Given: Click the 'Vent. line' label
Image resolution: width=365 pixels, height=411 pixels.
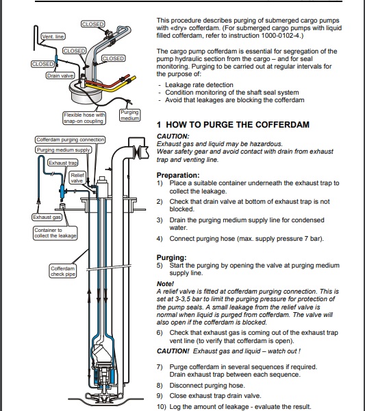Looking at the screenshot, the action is (53, 36).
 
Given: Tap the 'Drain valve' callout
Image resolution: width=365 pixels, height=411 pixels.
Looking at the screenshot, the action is (60, 75).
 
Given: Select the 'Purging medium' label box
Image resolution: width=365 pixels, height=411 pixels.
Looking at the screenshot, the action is (130, 115).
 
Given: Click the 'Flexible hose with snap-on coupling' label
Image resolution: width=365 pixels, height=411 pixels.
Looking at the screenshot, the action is (84, 118).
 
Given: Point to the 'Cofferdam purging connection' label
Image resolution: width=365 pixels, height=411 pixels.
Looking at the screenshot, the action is (70, 140).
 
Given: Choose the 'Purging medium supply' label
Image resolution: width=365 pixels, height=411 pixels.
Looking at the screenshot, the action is (63, 150).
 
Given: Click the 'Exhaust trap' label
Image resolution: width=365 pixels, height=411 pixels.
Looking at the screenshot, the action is (63, 163).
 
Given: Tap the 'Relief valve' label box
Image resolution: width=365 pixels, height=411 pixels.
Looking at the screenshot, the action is (77, 178).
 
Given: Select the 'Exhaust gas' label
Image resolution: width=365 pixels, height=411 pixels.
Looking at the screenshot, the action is (47, 217).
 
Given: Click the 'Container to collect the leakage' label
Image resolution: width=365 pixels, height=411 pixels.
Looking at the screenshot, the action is (55, 233).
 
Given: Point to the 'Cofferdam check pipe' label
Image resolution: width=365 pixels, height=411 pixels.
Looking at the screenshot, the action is (63, 271).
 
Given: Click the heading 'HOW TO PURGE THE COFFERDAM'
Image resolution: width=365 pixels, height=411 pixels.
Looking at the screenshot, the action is (238, 124).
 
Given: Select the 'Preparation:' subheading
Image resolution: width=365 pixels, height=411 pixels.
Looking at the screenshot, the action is (178, 175).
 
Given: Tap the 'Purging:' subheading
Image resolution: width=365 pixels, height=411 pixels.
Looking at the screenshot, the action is (171, 257).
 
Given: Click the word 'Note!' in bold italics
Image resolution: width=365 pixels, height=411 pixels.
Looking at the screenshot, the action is (165, 283).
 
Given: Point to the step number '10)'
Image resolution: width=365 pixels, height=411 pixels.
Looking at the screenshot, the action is (162, 407).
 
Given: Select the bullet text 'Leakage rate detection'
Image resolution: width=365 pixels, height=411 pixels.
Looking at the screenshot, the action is (199, 85).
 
